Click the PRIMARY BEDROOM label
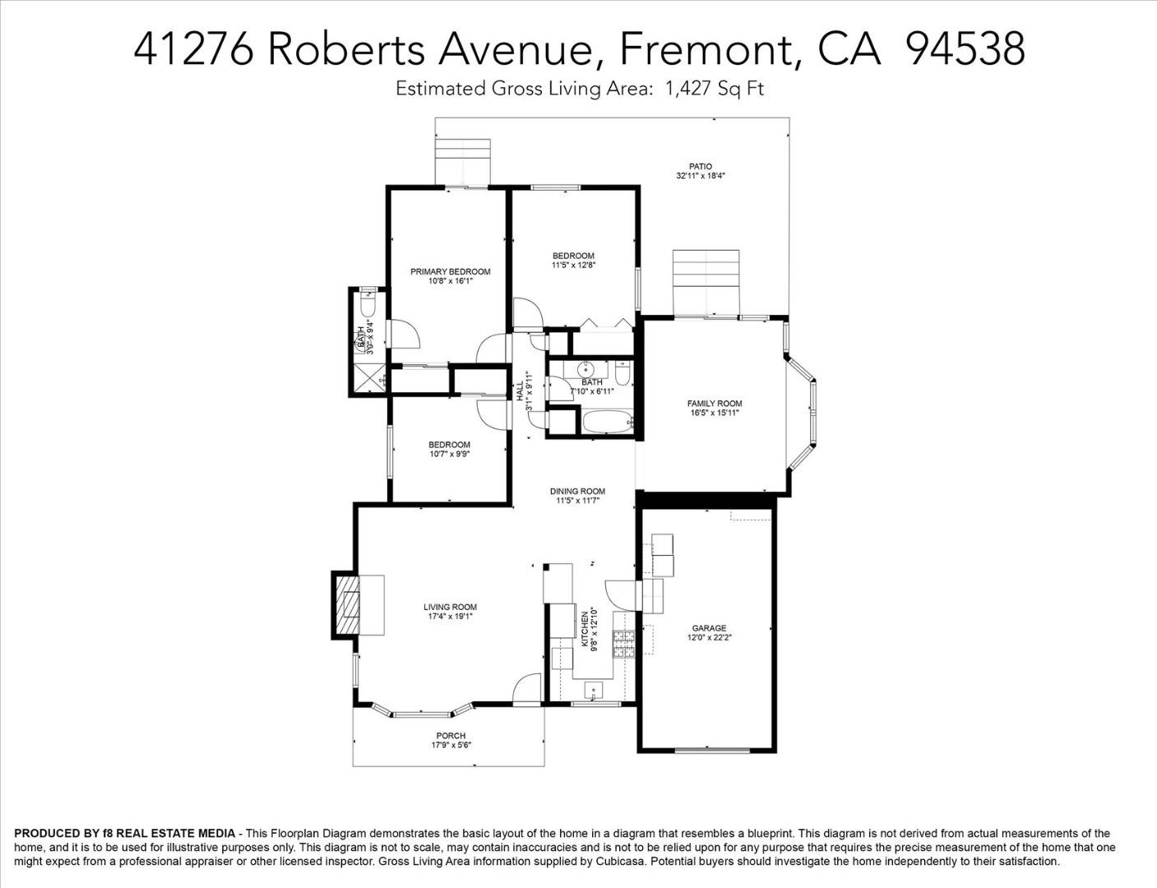(x=450, y=271)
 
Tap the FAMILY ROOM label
(x=714, y=404)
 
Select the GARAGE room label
(x=709, y=628)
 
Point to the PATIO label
(x=700, y=167)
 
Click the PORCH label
(x=451, y=736)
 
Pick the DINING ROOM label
(x=577, y=492)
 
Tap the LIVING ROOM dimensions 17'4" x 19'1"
(x=451, y=617)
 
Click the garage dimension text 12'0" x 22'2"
(x=709, y=638)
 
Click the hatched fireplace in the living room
(x=346, y=605)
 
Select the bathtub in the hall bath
(x=608, y=422)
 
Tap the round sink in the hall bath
(x=586, y=369)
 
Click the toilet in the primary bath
(x=368, y=303)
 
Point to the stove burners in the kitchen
(x=623, y=644)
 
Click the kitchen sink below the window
(x=594, y=691)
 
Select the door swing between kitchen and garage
(x=620, y=595)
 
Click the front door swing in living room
(x=527, y=688)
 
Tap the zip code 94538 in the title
(x=965, y=50)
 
